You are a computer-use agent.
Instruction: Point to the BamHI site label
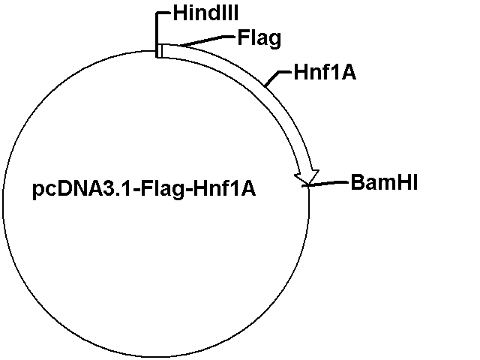point(384,182)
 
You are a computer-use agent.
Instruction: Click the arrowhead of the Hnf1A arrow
point(308,175)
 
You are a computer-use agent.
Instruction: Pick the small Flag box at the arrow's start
point(160,50)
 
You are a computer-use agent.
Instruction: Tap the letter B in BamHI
point(357,182)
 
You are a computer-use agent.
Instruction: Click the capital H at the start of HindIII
point(178,13)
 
